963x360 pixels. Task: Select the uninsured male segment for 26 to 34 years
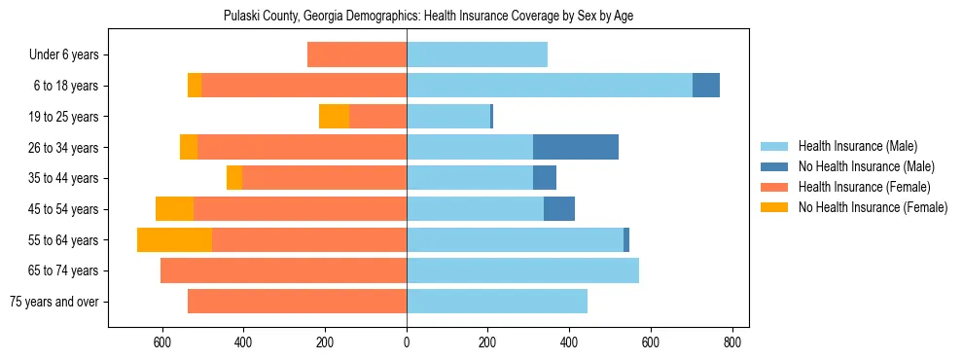(576, 147)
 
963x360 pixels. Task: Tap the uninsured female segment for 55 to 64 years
(174, 239)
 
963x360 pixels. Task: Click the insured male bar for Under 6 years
(477, 54)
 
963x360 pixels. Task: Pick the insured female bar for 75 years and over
(297, 301)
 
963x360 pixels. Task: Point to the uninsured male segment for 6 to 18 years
(706, 86)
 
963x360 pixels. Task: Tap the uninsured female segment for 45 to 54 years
(174, 208)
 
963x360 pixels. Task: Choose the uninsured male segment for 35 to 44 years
(545, 178)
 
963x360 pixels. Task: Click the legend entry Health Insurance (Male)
(857, 146)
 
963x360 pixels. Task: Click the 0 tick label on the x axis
(407, 342)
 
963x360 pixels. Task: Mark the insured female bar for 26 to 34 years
(302, 147)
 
